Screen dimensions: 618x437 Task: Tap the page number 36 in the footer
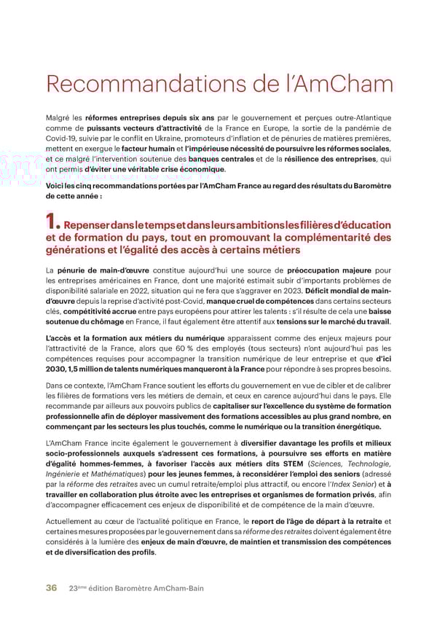(x=52, y=588)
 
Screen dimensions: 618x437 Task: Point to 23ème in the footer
(x=77, y=588)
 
